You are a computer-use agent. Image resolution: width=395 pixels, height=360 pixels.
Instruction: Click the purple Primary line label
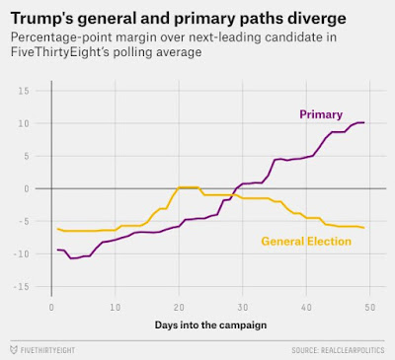pos(321,114)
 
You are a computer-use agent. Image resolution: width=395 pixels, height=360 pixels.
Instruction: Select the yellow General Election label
pos(306,242)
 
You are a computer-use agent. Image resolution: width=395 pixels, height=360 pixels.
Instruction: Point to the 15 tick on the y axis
pos(23,91)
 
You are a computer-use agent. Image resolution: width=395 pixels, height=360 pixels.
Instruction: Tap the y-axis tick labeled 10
pos(23,123)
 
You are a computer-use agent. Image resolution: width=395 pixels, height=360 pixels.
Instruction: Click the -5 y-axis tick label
pos(22,222)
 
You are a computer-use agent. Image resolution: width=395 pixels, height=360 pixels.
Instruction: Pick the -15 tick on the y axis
pos(21,287)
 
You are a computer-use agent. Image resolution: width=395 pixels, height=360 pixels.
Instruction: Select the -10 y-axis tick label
pos(21,254)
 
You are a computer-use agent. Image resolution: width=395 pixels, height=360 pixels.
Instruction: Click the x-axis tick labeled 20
pos(179,308)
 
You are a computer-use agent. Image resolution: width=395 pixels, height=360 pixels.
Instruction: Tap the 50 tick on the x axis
pos(370,308)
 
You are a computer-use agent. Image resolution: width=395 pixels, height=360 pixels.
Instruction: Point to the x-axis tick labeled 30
pos(243,308)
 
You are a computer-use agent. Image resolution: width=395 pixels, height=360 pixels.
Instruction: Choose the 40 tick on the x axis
pos(306,308)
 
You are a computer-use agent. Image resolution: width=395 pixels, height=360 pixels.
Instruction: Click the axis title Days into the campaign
pos(210,325)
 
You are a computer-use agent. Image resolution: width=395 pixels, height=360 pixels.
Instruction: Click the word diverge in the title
pos(317,19)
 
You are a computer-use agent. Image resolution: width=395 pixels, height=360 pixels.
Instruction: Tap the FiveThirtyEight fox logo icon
pos(14,350)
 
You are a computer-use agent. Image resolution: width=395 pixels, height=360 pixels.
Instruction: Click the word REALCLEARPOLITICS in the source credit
pos(353,350)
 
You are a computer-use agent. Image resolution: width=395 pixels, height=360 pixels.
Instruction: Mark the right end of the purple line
pos(364,122)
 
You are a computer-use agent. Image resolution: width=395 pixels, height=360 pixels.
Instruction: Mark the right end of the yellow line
pos(364,228)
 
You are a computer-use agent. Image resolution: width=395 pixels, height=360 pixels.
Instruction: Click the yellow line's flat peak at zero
pos(189,187)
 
